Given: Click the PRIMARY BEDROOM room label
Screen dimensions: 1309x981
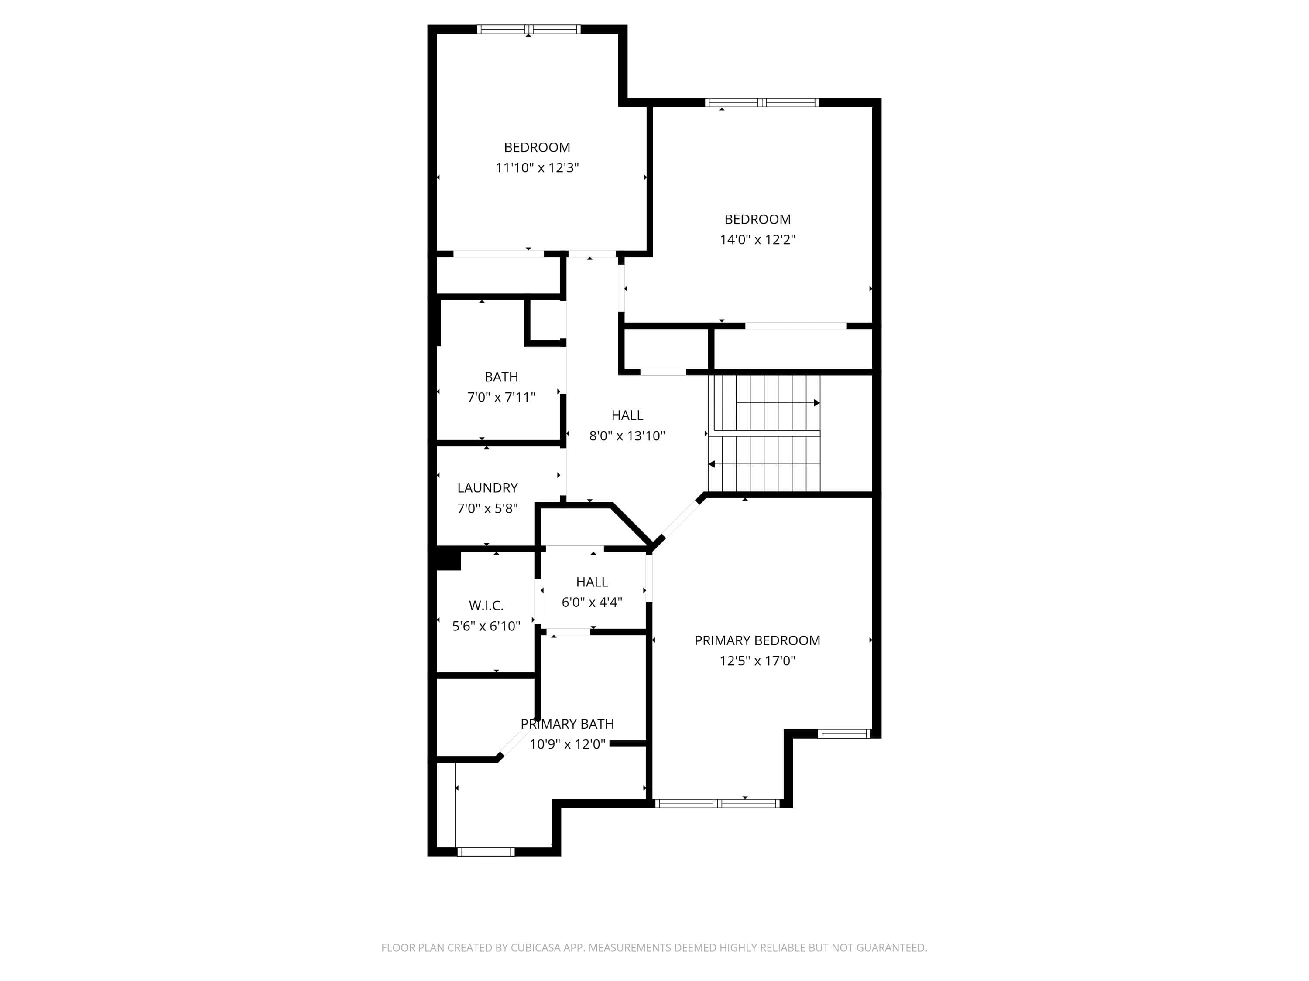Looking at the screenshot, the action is (757, 640).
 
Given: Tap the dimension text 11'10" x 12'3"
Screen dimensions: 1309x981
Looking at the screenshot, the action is (537, 168).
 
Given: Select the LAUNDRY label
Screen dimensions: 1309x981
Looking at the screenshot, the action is (488, 488).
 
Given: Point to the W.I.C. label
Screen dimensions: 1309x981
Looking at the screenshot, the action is (486, 606).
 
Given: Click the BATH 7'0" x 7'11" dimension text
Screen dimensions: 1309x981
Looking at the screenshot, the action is (501, 397).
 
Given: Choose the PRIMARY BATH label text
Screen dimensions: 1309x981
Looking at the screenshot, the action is (567, 724).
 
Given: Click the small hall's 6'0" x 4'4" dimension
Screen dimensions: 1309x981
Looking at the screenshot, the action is (592, 603).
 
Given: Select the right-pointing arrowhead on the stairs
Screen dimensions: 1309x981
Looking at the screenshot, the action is (817, 403).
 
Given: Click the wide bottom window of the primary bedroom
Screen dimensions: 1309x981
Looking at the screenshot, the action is (717, 803).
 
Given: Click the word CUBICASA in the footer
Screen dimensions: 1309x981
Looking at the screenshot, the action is (535, 948).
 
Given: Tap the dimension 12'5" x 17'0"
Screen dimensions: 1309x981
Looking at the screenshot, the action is (757, 661).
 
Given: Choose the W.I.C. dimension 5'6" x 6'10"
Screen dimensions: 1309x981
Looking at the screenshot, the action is (486, 626).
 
